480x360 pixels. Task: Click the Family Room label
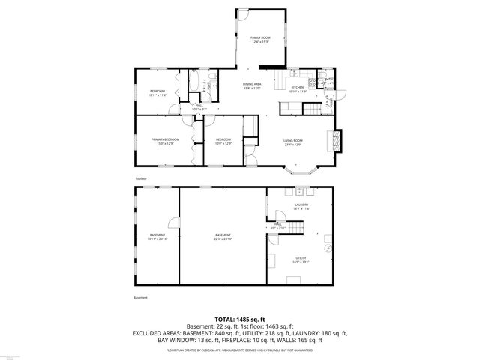point(259,37)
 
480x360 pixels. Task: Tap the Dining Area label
point(252,85)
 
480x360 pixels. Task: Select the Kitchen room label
point(298,88)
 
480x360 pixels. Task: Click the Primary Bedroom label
point(165,140)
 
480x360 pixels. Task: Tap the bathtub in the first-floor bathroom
point(193,79)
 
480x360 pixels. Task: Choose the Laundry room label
point(301,205)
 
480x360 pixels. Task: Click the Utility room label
point(300,259)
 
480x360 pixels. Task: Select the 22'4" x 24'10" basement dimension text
point(223,238)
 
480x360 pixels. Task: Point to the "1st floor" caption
point(140,178)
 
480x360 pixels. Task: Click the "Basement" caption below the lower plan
point(140,298)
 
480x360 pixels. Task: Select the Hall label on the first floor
point(199,107)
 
